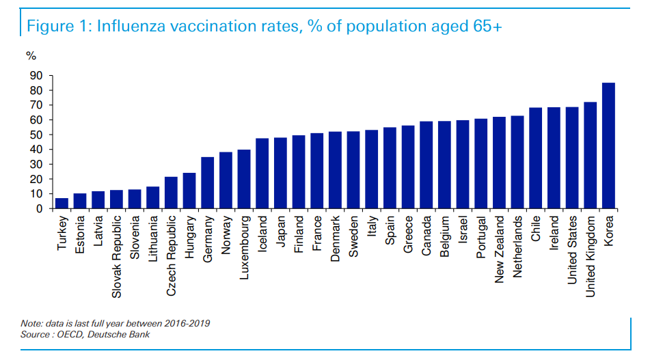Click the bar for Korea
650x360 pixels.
coord(608,146)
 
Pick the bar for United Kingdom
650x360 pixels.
coord(590,155)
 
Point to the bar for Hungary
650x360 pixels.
coord(189,191)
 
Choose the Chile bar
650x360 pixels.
coord(535,158)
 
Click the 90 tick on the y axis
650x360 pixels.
coord(37,75)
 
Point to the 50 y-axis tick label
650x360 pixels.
coord(37,135)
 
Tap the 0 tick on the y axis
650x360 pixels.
coord(40,208)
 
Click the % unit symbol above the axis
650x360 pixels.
coord(31,56)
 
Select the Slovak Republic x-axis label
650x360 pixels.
coord(117,248)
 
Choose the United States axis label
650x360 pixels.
coord(571,244)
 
